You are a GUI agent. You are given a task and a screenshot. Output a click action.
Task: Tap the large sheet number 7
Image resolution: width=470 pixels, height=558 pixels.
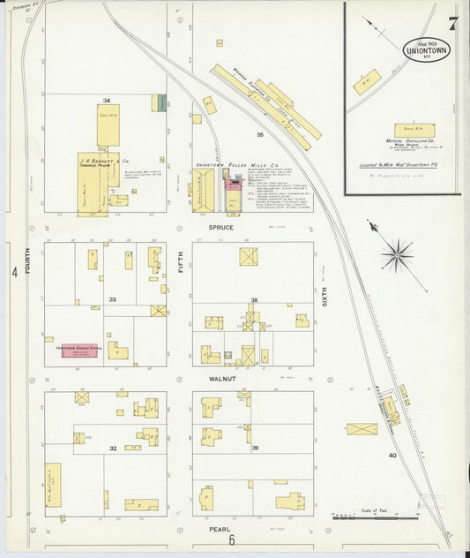(x=452, y=24)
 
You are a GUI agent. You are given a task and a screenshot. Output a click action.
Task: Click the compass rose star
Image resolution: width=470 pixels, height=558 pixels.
(x=398, y=256)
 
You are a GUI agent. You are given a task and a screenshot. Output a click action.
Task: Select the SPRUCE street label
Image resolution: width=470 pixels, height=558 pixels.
(x=220, y=228)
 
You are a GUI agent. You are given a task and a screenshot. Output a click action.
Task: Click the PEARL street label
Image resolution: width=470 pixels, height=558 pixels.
(x=220, y=530)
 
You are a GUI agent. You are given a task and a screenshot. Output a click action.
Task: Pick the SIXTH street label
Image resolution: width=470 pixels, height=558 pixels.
(x=325, y=296)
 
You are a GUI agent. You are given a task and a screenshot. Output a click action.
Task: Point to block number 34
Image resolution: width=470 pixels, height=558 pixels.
(x=106, y=100)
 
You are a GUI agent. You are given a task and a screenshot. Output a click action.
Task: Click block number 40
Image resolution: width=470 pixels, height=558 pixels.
(x=392, y=456)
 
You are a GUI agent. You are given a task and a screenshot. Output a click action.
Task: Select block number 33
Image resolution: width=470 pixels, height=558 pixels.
(x=112, y=300)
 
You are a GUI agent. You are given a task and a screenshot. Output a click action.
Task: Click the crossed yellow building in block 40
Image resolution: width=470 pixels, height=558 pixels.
(x=362, y=429)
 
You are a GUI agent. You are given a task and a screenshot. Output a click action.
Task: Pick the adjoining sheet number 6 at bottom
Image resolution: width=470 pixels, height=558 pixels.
(x=231, y=540)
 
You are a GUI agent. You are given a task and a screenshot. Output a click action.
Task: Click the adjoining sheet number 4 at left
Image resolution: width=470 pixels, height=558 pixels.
(x=15, y=273)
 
